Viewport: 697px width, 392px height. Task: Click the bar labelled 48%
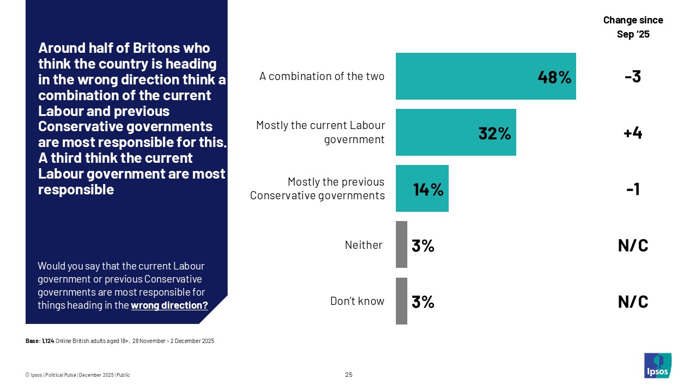(x=485, y=76)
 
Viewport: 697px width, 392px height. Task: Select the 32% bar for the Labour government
(x=455, y=132)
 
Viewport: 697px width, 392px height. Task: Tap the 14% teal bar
(x=422, y=188)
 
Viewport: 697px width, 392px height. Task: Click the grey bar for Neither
(x=401, y=244)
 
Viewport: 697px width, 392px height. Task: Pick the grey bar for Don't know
(x=401, y=301)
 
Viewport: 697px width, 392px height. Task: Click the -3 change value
(x=633, y=77)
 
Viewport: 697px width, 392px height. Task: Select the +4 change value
(x=633, y=133)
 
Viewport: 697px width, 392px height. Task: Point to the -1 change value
(x=633, y=189)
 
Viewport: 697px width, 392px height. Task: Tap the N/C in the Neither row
(x=633, y=245)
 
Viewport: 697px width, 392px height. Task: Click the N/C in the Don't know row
(x=633, y=301)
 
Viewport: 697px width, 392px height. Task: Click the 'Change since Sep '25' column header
(x=633, y=27)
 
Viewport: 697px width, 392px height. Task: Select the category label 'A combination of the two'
(x=322, y=76)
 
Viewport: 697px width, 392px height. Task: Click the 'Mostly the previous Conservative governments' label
(x=317, y=188)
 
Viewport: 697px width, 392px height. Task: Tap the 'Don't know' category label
(x=357, y=301)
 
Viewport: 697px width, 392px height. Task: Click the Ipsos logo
(x=657, y=365)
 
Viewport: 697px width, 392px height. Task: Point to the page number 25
(x=348, y=375)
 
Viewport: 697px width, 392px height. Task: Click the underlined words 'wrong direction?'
(x=169, y=305)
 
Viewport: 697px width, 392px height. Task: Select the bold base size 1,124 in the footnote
(x=48, y=341)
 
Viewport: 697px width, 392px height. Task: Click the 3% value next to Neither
(x=423, y=246)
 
